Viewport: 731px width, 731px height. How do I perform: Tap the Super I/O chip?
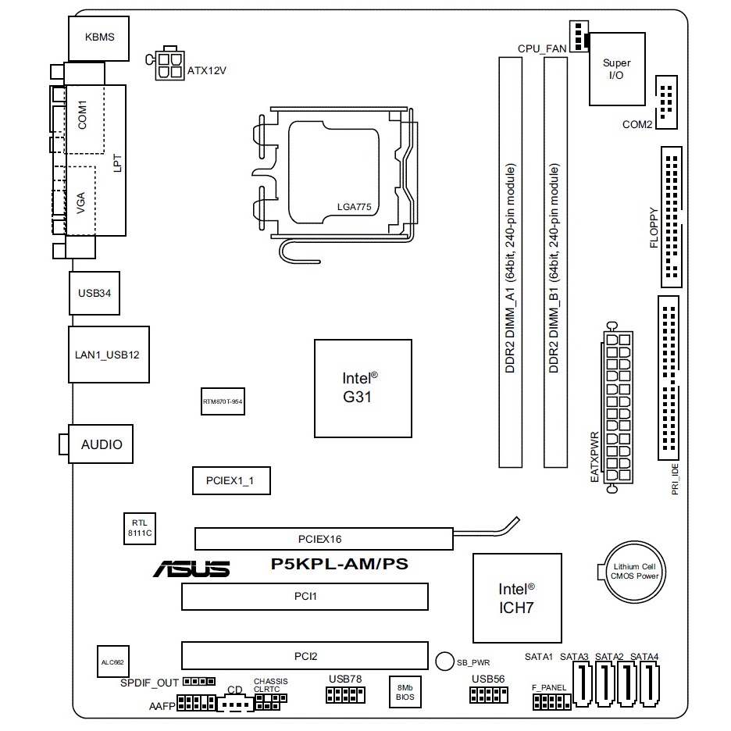click(x=616, y=69)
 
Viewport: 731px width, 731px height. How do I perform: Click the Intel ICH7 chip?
click(x=516, y=597)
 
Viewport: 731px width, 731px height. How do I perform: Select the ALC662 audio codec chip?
click(x=112, y=661)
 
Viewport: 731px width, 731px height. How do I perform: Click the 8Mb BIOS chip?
click(x=405, y=691)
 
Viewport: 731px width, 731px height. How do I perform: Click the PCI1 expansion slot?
click(x=305, y=596)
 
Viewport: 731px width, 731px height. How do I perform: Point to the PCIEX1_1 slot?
click(x=231, y=481)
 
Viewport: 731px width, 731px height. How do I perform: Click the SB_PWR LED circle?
click(x=444, y=661)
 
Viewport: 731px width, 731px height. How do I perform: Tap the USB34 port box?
click(x=94, y=294)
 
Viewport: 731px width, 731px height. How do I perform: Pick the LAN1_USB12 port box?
click(x=108, y=355)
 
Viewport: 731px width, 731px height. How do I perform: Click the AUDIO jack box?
click(x=102, y=444)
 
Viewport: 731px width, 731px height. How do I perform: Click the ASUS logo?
click(x=192, y=568)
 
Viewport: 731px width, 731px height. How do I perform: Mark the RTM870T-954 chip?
click(x=223, y=401)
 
